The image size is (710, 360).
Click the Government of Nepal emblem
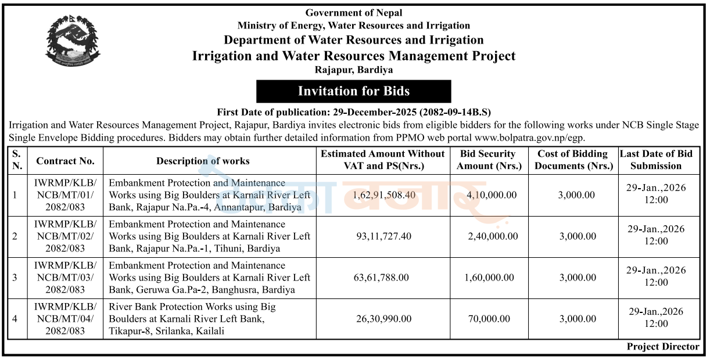click(73, 40)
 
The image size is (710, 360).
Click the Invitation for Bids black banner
click(353, 91)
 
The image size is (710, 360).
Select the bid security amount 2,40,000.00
click(492, 236)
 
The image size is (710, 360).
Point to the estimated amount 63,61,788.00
click(382, 278)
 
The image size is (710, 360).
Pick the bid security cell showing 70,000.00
click(487, 319)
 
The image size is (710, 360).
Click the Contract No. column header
click(65, 161)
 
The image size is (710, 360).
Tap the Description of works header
click(203, 161)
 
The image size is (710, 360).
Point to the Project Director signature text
click(663, 347)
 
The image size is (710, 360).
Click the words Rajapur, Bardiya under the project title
click(353, 70)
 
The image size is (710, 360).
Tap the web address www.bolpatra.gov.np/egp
click(529, 138)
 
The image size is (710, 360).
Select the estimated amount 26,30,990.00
click(382, 319)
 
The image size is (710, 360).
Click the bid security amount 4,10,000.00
click(492, 195)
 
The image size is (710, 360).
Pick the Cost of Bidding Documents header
click(573, 160)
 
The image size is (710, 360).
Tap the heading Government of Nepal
click(353, 13)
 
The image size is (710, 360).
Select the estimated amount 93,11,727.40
click(382, 236)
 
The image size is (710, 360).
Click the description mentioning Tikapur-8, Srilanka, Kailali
click(192, 319)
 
